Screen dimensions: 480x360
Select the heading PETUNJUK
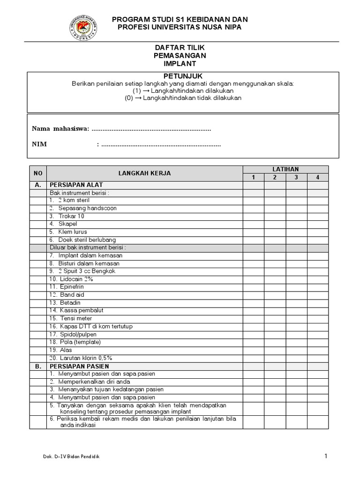tap(183, 76)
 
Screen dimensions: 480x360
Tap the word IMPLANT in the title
tap(180, 63)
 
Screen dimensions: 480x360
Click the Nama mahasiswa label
tap(60, 129)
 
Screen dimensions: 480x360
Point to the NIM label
tap(39, 144)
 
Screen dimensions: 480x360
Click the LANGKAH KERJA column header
tap(144, 173)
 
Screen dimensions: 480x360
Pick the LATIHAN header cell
tap(285, 169)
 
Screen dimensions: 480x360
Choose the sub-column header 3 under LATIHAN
tap(296, 177)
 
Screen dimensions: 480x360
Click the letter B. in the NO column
tap(38, 366)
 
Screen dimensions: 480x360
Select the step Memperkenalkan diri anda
tap(90, 382)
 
